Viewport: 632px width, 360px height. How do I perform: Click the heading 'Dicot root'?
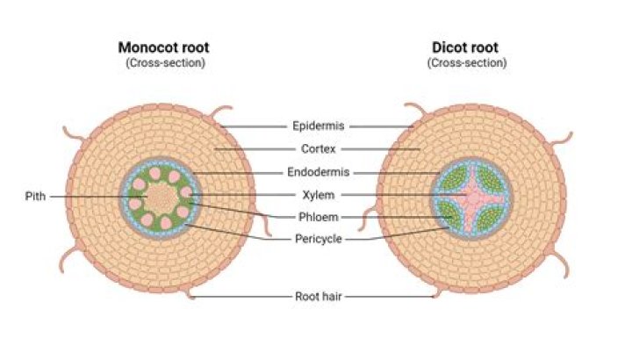pos(467,47)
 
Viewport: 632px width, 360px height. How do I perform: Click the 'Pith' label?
pos(35,197)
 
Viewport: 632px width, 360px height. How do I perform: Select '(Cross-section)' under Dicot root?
pos(467,63)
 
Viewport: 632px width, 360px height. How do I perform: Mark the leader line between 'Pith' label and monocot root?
pos(88,197)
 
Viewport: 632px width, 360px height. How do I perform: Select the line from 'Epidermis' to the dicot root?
pos(377,126)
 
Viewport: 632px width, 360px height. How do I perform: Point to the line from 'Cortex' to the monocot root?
pos(255,149)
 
